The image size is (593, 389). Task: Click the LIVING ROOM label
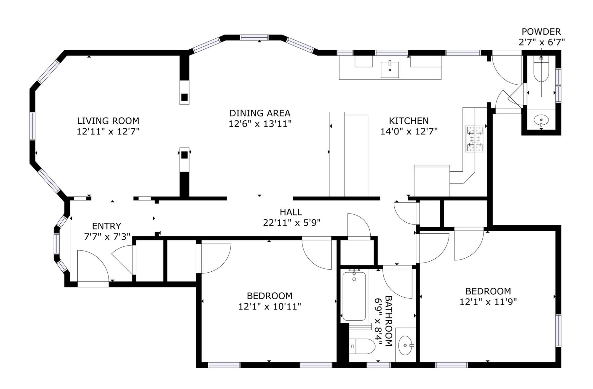point(108,121)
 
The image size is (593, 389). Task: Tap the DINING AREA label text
point(260,113)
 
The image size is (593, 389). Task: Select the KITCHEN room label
point(409,121)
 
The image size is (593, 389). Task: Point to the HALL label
point(291,212)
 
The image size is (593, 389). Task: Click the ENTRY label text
point(107,226)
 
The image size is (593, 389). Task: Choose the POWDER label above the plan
point(541,31)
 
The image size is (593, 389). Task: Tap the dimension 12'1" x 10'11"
point(270,306)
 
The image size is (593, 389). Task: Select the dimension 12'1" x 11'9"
point(488,302)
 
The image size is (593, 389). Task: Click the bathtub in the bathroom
point(354,296)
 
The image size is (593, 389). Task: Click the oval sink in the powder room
point(541,120)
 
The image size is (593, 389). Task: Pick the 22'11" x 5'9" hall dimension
point(292,222)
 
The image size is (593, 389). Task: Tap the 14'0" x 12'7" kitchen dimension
point(409,131)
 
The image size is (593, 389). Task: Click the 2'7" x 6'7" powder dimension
point(541,42)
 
